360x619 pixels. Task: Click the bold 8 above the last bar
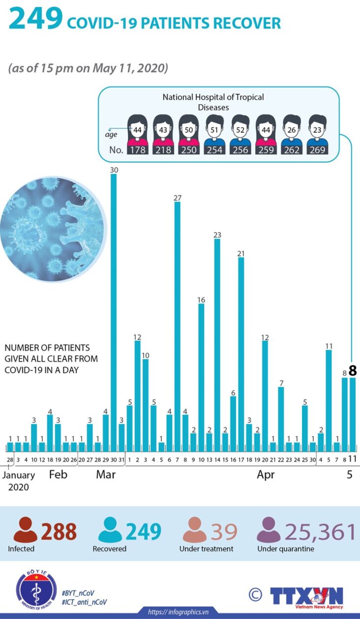click(x=352, y=370)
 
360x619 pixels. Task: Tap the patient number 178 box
click(x=138, y=149)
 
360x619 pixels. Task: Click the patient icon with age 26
click(x=292, y=130)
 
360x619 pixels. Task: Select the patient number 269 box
click(x=317, y=149)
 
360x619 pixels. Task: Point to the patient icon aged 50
click(x=188, y=130)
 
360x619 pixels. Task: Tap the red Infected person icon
click(x=25, y=531)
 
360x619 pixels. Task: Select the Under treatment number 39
click(x=224, y=531)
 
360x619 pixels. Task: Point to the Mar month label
click(x=106, y=475)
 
